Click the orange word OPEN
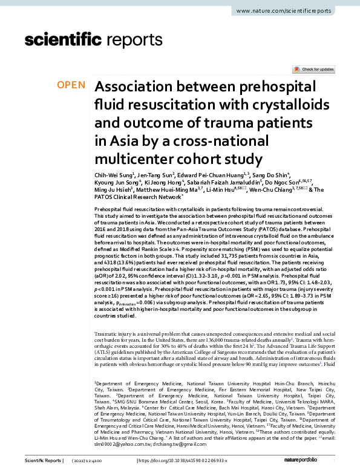[x=71, y=85]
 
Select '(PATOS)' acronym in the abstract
[x=252, y=230]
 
